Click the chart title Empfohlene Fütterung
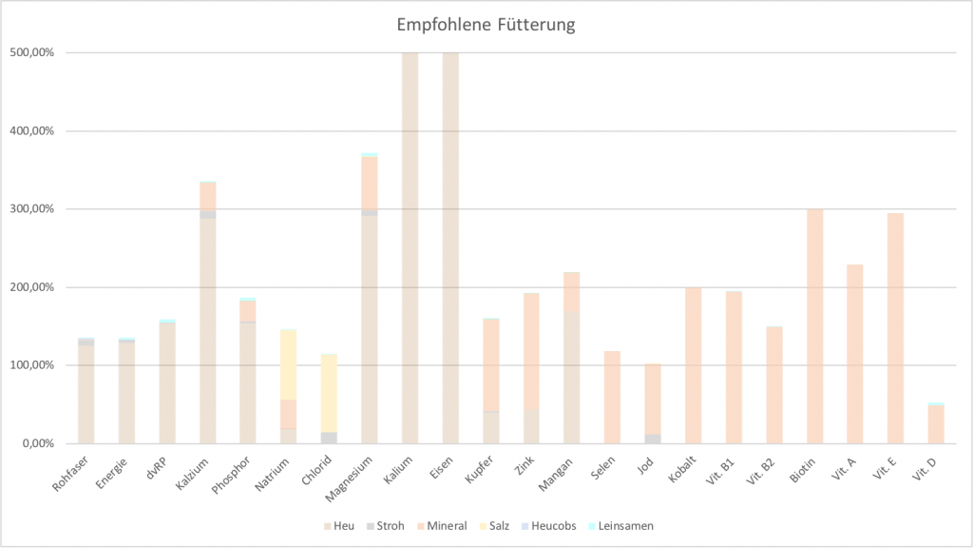coord(486,26)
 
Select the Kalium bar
coord(410,247)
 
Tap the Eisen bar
coord(450,247)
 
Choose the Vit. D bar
coord(936,424)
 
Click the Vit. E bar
coord(895,328)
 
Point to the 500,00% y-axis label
coord(34,53)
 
